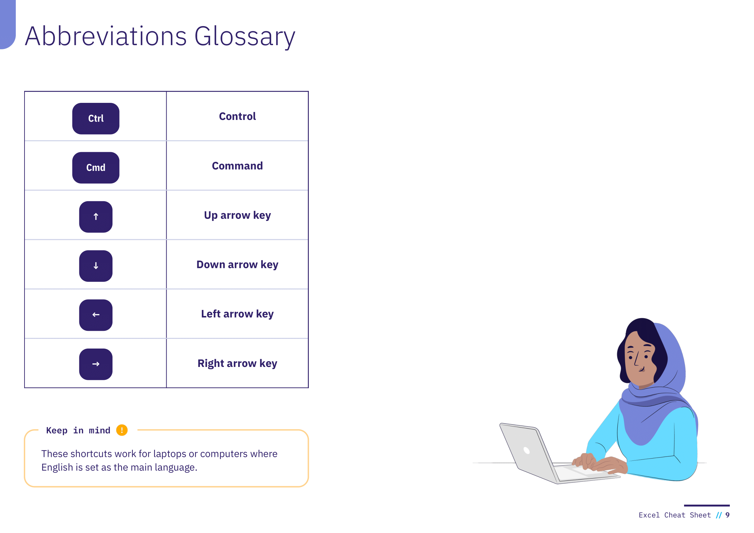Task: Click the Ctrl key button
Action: point(95,118)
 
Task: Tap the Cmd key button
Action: point(95,167)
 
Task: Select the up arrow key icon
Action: point(95,217)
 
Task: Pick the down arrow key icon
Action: point(95,266)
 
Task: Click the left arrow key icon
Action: point(95,315)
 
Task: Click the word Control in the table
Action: point(238,116)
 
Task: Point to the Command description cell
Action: point(238,166)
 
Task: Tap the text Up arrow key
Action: point(238,215)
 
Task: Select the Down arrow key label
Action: point(238,265)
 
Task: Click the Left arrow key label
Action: point(238,314)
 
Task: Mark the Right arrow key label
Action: point(238,363)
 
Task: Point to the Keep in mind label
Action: point(78,430)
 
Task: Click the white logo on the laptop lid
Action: point(526,450)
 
